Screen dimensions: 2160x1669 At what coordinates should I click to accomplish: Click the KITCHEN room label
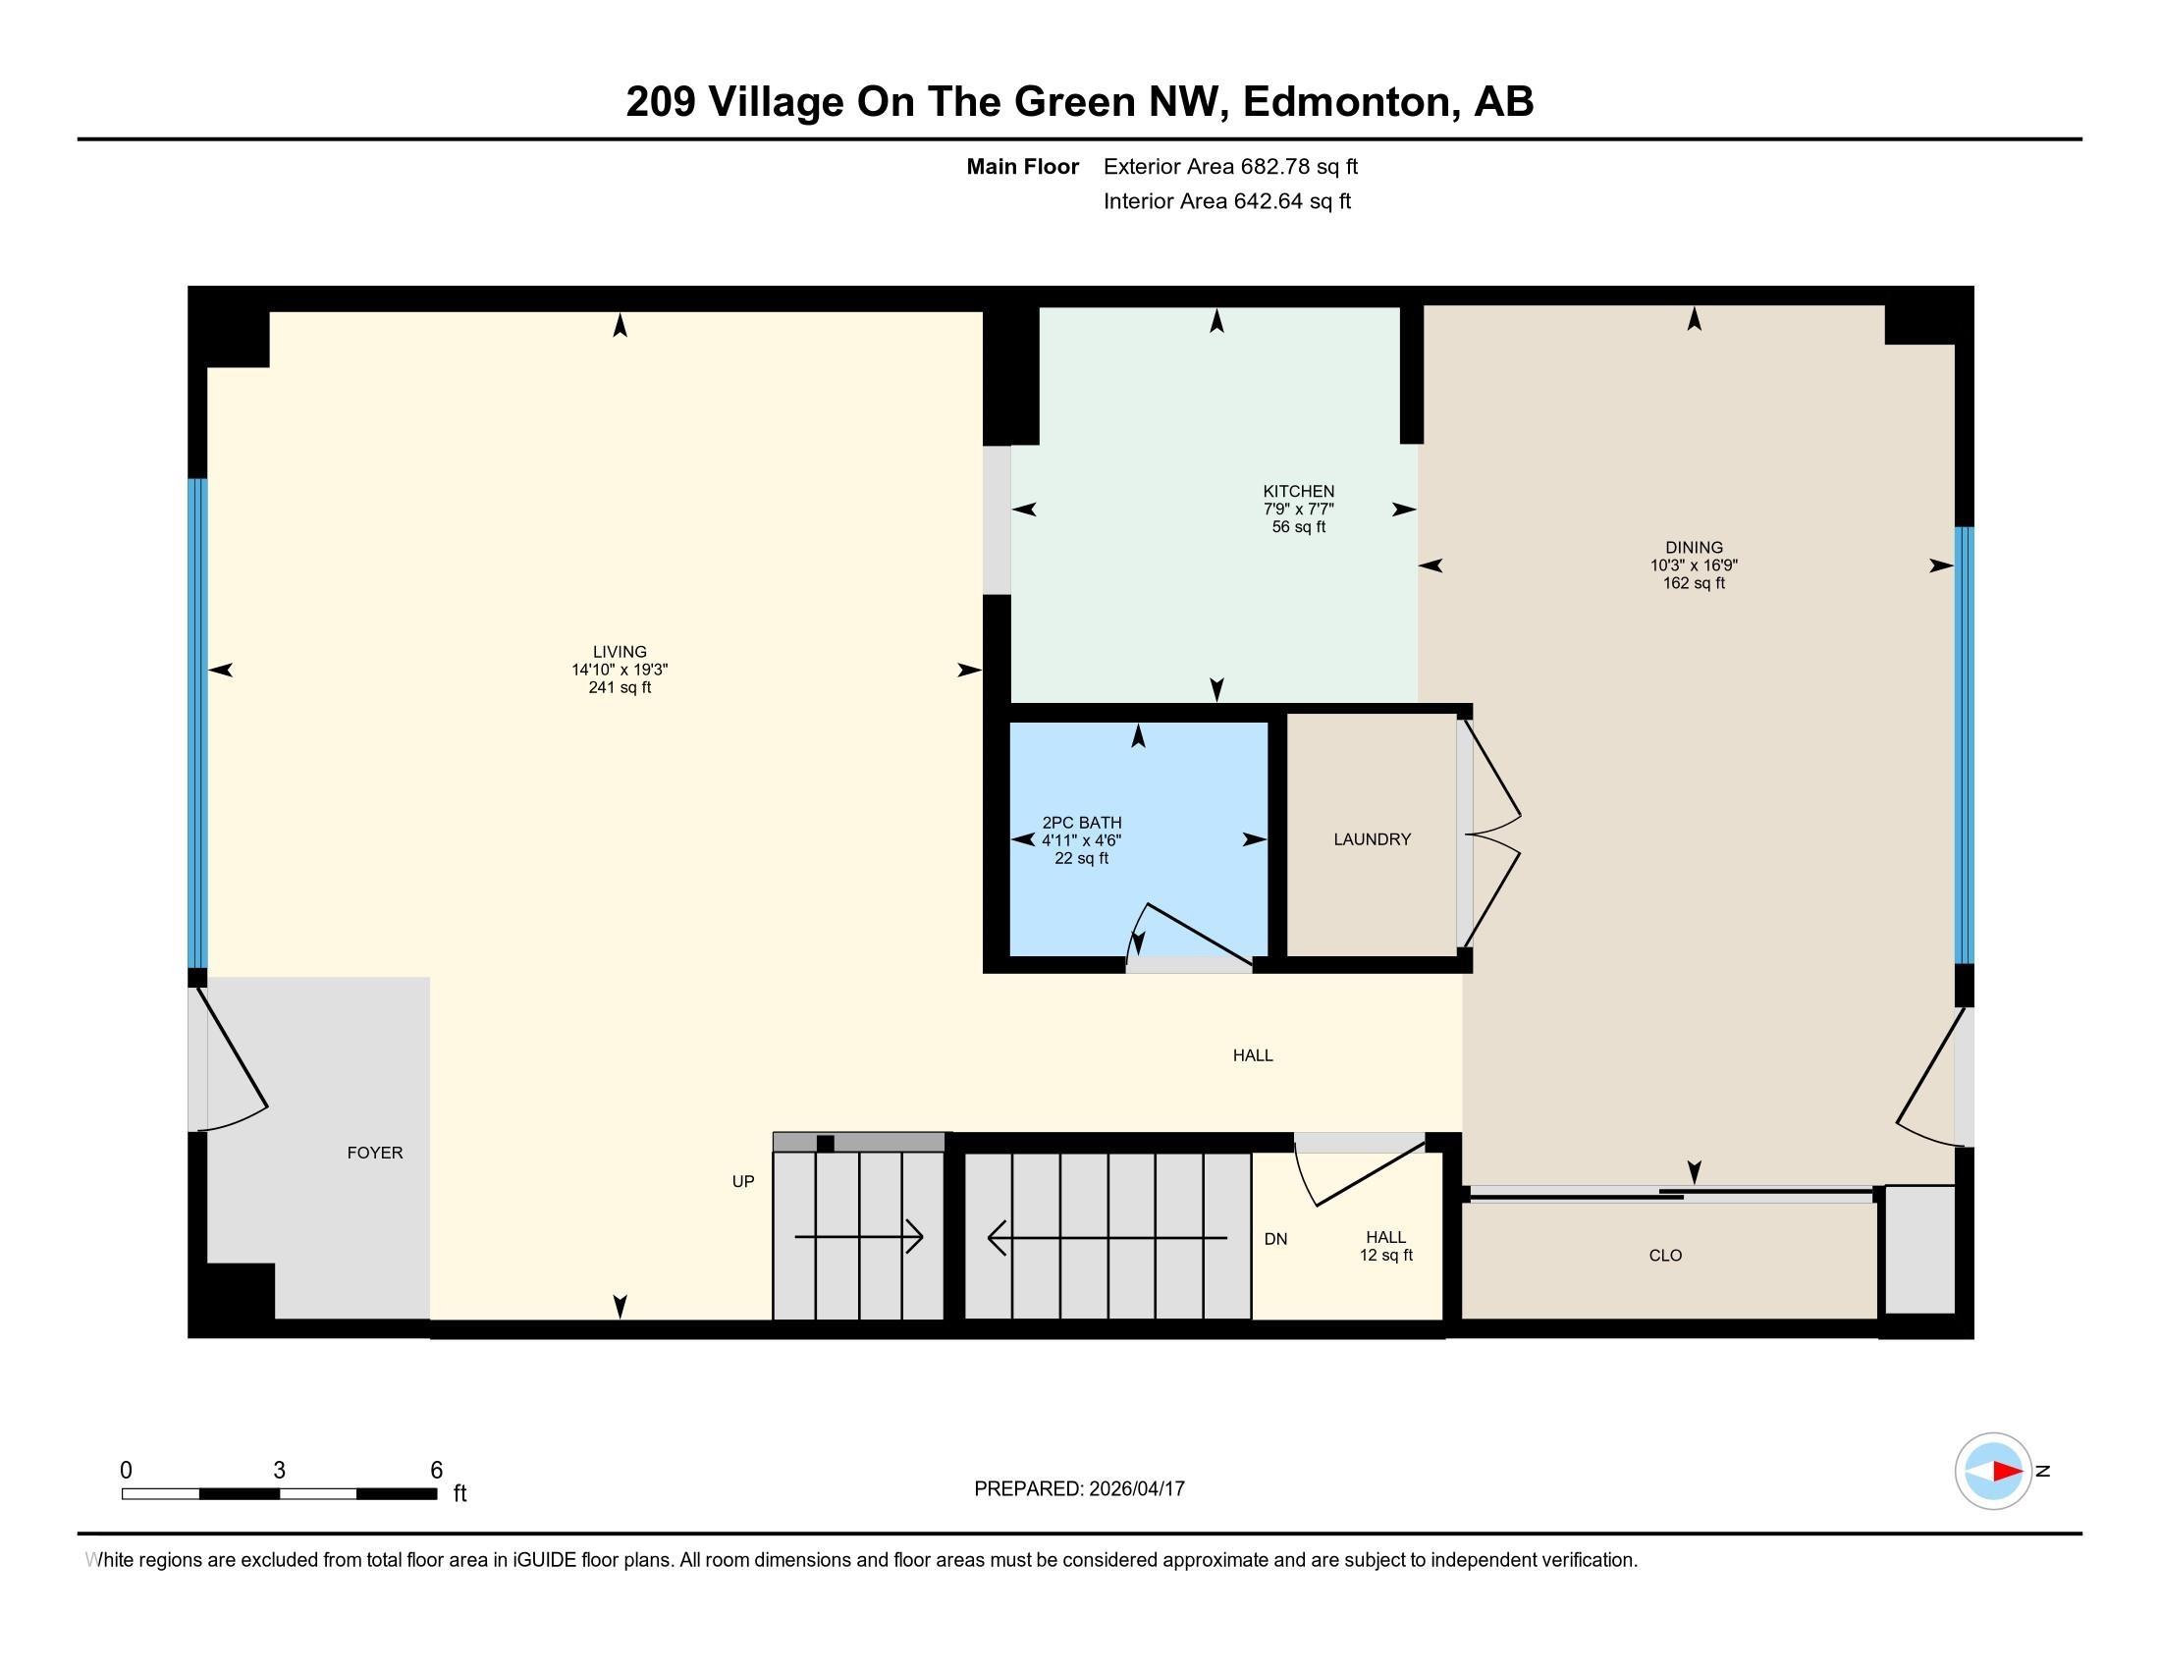[1298, 492]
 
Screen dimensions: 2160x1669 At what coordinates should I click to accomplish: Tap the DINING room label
[1694, 548]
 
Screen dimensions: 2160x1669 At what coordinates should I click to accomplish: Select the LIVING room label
[620, 652]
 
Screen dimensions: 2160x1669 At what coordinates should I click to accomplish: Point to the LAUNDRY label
[1372, 839]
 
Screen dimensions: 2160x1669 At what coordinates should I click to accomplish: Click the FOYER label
[375, 1153]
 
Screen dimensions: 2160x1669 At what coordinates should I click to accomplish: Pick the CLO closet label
[1665, 1256]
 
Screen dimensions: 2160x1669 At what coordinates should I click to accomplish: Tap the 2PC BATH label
[1081, 823]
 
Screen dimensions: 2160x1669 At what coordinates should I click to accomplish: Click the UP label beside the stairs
[743, 1181]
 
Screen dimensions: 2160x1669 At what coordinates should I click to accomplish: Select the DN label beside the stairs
[1275, 1239]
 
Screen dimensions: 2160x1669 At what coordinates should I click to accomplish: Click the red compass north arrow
[2006, 1472]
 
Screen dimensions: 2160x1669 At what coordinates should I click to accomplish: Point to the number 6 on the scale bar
[436, 1471]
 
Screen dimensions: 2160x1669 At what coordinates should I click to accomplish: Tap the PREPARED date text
[1079, 1489]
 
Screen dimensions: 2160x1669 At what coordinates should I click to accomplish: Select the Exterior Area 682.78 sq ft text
[1230, 167]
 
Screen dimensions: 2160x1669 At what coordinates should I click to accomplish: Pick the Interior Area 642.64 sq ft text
[1226, 201]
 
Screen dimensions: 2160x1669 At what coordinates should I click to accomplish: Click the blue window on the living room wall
[197, 723]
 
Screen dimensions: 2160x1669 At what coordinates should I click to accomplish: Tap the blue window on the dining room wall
[1965, 745]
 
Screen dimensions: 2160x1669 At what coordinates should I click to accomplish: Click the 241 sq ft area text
[620, 688]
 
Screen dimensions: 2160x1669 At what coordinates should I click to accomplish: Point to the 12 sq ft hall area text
[1385, 1256]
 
